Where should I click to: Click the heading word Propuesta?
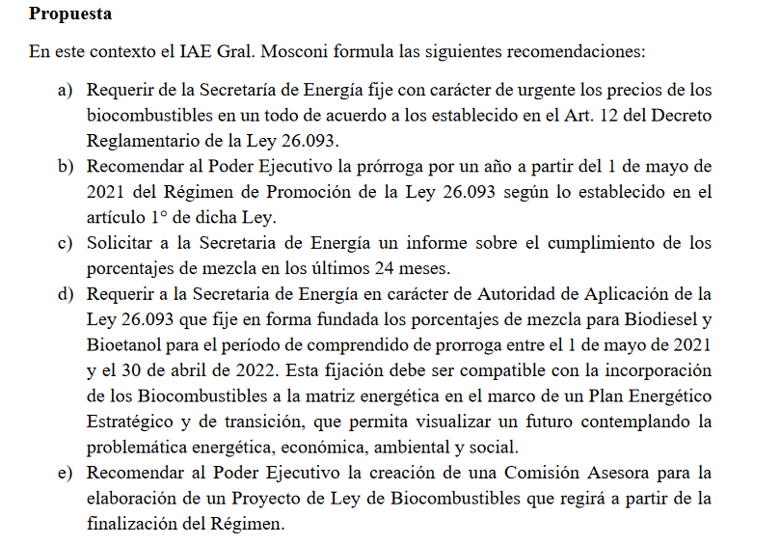(70, 14)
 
